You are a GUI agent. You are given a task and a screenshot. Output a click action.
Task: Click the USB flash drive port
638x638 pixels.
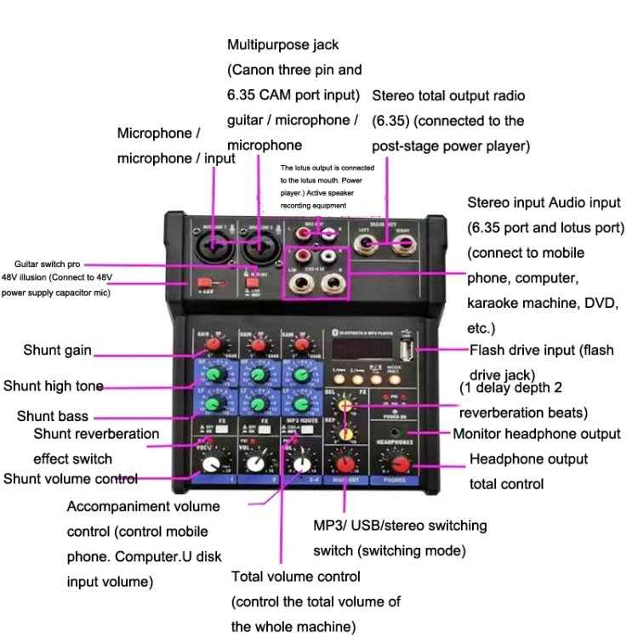coord(407,350)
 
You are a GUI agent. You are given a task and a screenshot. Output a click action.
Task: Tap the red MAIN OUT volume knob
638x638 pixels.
coord(345,464)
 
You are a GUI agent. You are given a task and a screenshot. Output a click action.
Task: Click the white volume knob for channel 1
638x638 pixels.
coord(209,464)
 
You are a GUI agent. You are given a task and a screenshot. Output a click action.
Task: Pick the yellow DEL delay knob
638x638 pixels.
coord(345,407)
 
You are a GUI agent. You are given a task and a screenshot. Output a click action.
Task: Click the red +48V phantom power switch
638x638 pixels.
coord(204,284)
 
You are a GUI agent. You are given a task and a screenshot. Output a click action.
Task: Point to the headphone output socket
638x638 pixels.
coord(396,433)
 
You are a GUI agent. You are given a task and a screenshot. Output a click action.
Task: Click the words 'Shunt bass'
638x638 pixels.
coord(52,417)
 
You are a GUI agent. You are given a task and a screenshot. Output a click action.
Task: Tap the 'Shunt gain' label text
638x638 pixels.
coord(57,350)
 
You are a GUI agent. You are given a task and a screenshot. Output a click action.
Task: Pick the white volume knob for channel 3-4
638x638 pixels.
coord(300,464)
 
